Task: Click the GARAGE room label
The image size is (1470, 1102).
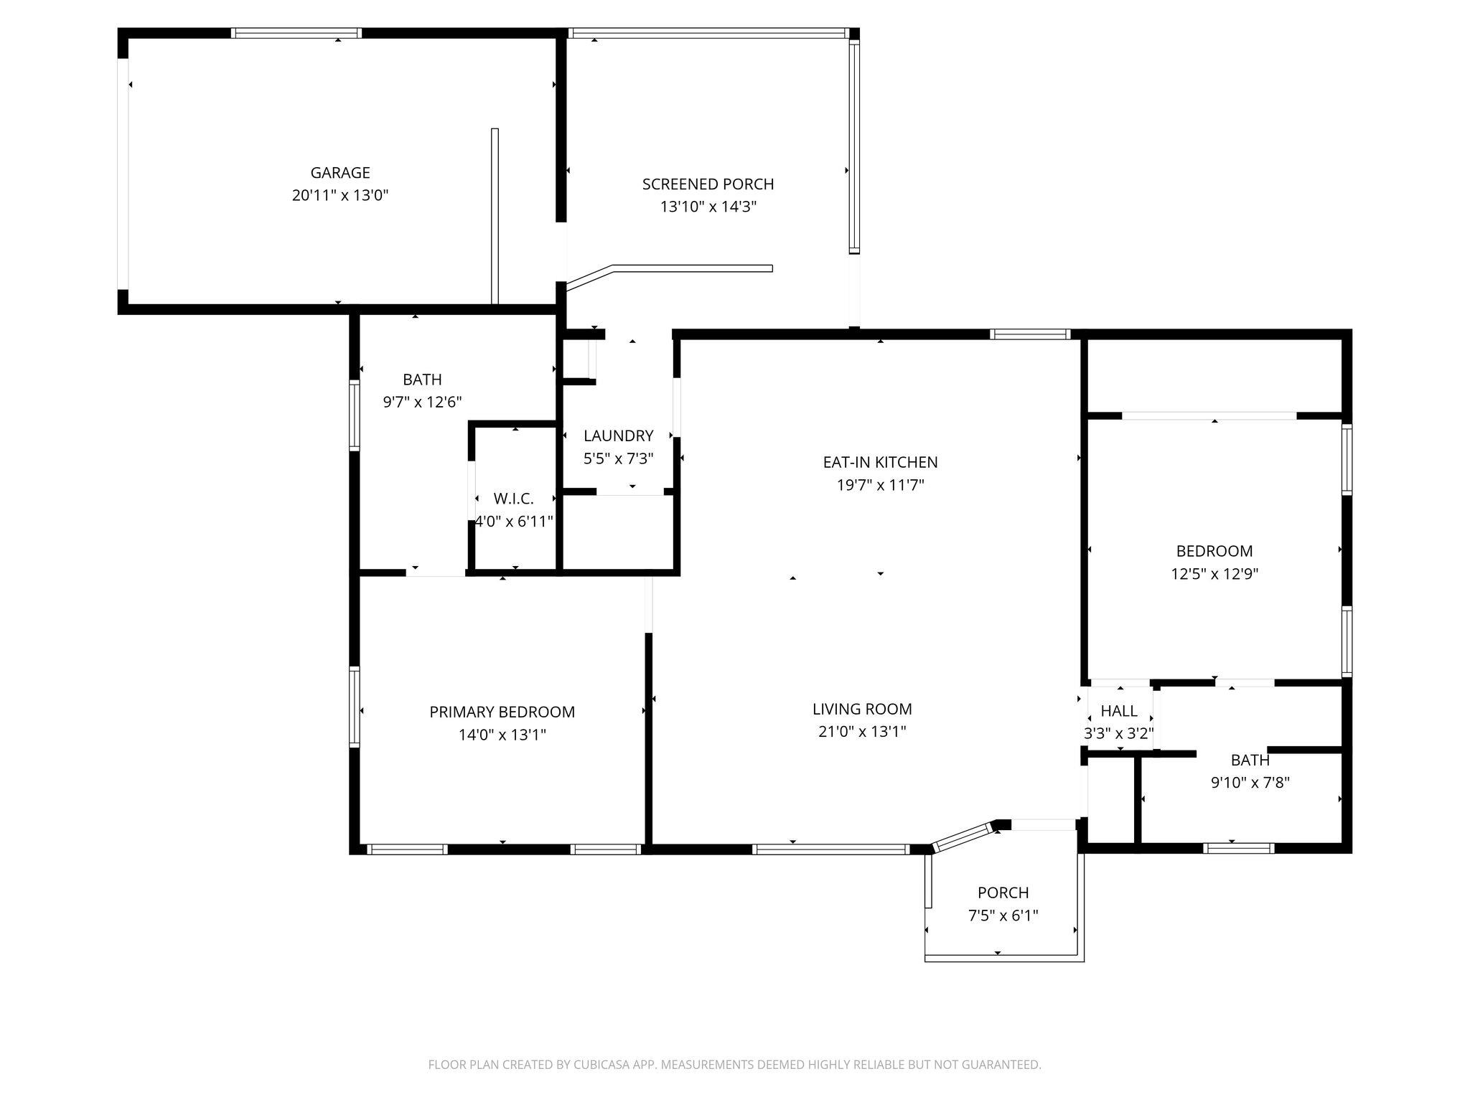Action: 340,173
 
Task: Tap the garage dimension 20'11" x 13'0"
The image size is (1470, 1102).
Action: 340,195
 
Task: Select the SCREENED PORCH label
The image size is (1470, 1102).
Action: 708,184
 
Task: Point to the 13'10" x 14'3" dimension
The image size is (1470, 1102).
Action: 708,207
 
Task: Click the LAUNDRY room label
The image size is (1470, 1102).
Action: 619,435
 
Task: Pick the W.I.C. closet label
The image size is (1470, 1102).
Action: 514,499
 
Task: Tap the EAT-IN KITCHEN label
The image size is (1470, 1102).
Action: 881,462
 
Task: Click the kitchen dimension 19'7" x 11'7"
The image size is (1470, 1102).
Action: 881,485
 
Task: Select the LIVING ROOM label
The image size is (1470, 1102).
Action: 863,709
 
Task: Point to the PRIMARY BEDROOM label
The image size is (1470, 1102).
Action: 502,712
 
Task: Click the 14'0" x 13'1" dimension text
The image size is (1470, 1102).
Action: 502,735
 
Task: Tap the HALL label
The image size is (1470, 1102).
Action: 1119,711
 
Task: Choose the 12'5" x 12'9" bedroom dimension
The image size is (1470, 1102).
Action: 1215,574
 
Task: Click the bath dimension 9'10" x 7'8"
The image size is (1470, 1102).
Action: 1250,783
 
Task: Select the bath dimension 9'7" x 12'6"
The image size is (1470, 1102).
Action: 422,402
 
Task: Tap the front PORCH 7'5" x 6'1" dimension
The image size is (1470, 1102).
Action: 1003,915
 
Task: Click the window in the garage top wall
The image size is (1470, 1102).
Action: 296,33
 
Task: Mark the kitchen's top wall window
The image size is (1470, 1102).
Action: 1030,334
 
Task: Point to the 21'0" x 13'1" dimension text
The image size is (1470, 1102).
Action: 863,732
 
